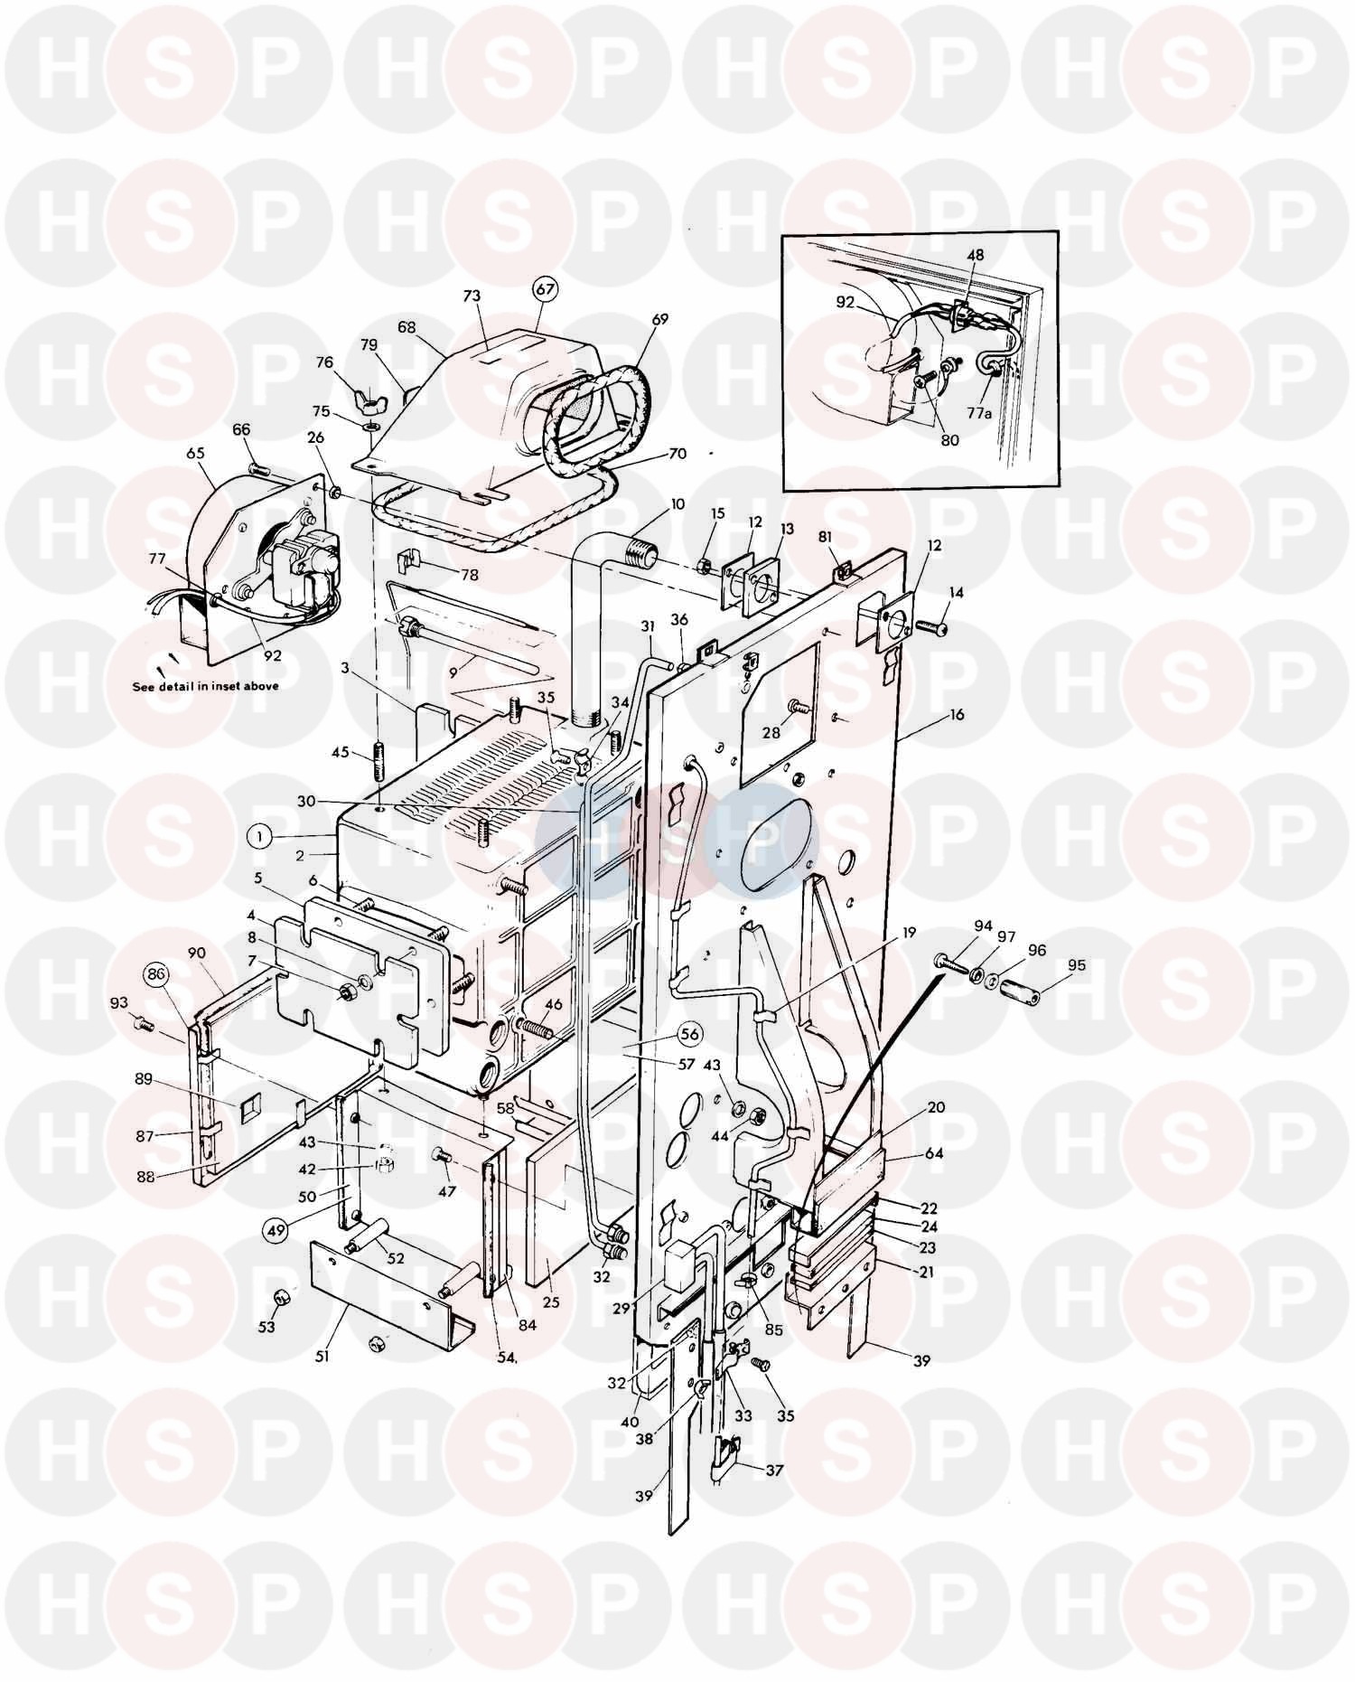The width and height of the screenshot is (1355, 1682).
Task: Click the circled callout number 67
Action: (x=546, y=290)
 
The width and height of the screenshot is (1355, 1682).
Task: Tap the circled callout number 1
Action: (x=259, y=837)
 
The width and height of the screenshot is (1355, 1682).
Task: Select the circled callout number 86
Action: (x=156, y=974)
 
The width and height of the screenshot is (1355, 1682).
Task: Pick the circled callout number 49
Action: (x=276, y=1229)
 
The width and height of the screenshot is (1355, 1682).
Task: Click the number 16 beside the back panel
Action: (x=957, y=715)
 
